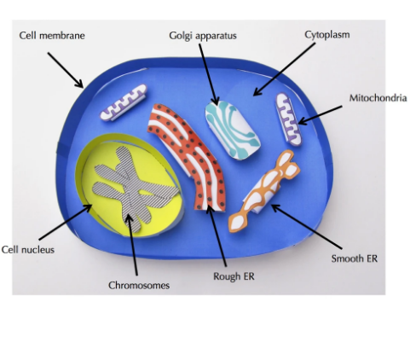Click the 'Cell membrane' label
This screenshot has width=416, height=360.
click(x=52, y=36)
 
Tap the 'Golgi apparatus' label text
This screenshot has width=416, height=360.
click(x=203, y=36)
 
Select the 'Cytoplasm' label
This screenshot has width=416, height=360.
click(x=327, y=35)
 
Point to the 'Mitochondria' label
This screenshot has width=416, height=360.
click(x=378, y=98)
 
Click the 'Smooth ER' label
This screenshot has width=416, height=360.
click(x=355, y=258)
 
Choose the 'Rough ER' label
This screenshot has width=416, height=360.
click(x=234, y=276)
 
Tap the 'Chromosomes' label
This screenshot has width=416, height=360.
click(x=139, y=285)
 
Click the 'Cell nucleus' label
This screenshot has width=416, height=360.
click(x=28, y=250)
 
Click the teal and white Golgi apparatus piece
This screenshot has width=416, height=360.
click(x=233, y=130)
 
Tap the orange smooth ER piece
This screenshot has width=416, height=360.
click(x=264, y=191)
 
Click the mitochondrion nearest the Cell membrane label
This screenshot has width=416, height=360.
click(x=124, y=102)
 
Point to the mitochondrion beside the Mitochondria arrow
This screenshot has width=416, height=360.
click(x=288, y=119)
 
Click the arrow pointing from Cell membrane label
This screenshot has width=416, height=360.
click(x=66, y=70)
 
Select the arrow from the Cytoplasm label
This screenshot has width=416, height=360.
click(x=284, y=69)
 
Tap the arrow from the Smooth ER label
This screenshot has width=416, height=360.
click(x=307, y=227)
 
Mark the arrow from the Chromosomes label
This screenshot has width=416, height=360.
click(x=132, y=245)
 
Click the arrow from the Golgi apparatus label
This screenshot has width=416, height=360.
click(x=209, y=74)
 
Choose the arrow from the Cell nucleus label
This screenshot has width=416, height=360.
click(x=66, y=222)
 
